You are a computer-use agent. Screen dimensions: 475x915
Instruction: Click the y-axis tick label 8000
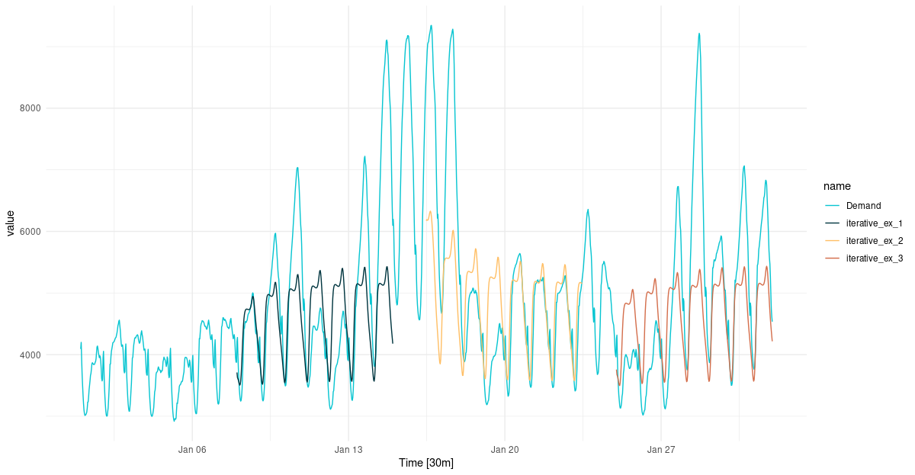(x=30, y=108)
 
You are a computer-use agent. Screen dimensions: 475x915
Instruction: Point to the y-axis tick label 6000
(x=30, y=232)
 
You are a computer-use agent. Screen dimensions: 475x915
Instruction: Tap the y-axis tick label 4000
(x=30, y=355)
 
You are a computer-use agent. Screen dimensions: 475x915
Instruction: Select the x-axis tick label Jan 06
(x=192, y=450)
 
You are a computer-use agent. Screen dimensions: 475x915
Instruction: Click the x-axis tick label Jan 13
(x=348, y=450)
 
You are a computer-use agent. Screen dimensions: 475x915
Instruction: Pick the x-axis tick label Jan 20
(x=505, y=450)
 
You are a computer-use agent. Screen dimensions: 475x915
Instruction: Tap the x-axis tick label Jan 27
(x=660, y=450)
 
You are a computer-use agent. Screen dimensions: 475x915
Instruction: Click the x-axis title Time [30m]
(x=426, y=464)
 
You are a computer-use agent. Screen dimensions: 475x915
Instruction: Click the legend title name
(x=836, y=186)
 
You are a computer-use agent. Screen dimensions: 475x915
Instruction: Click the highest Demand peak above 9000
(x=431, y=25)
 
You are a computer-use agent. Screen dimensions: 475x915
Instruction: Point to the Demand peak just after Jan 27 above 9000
(x=698, y=34)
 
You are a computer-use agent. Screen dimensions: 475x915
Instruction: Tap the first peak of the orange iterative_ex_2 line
(x=430, y=211)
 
